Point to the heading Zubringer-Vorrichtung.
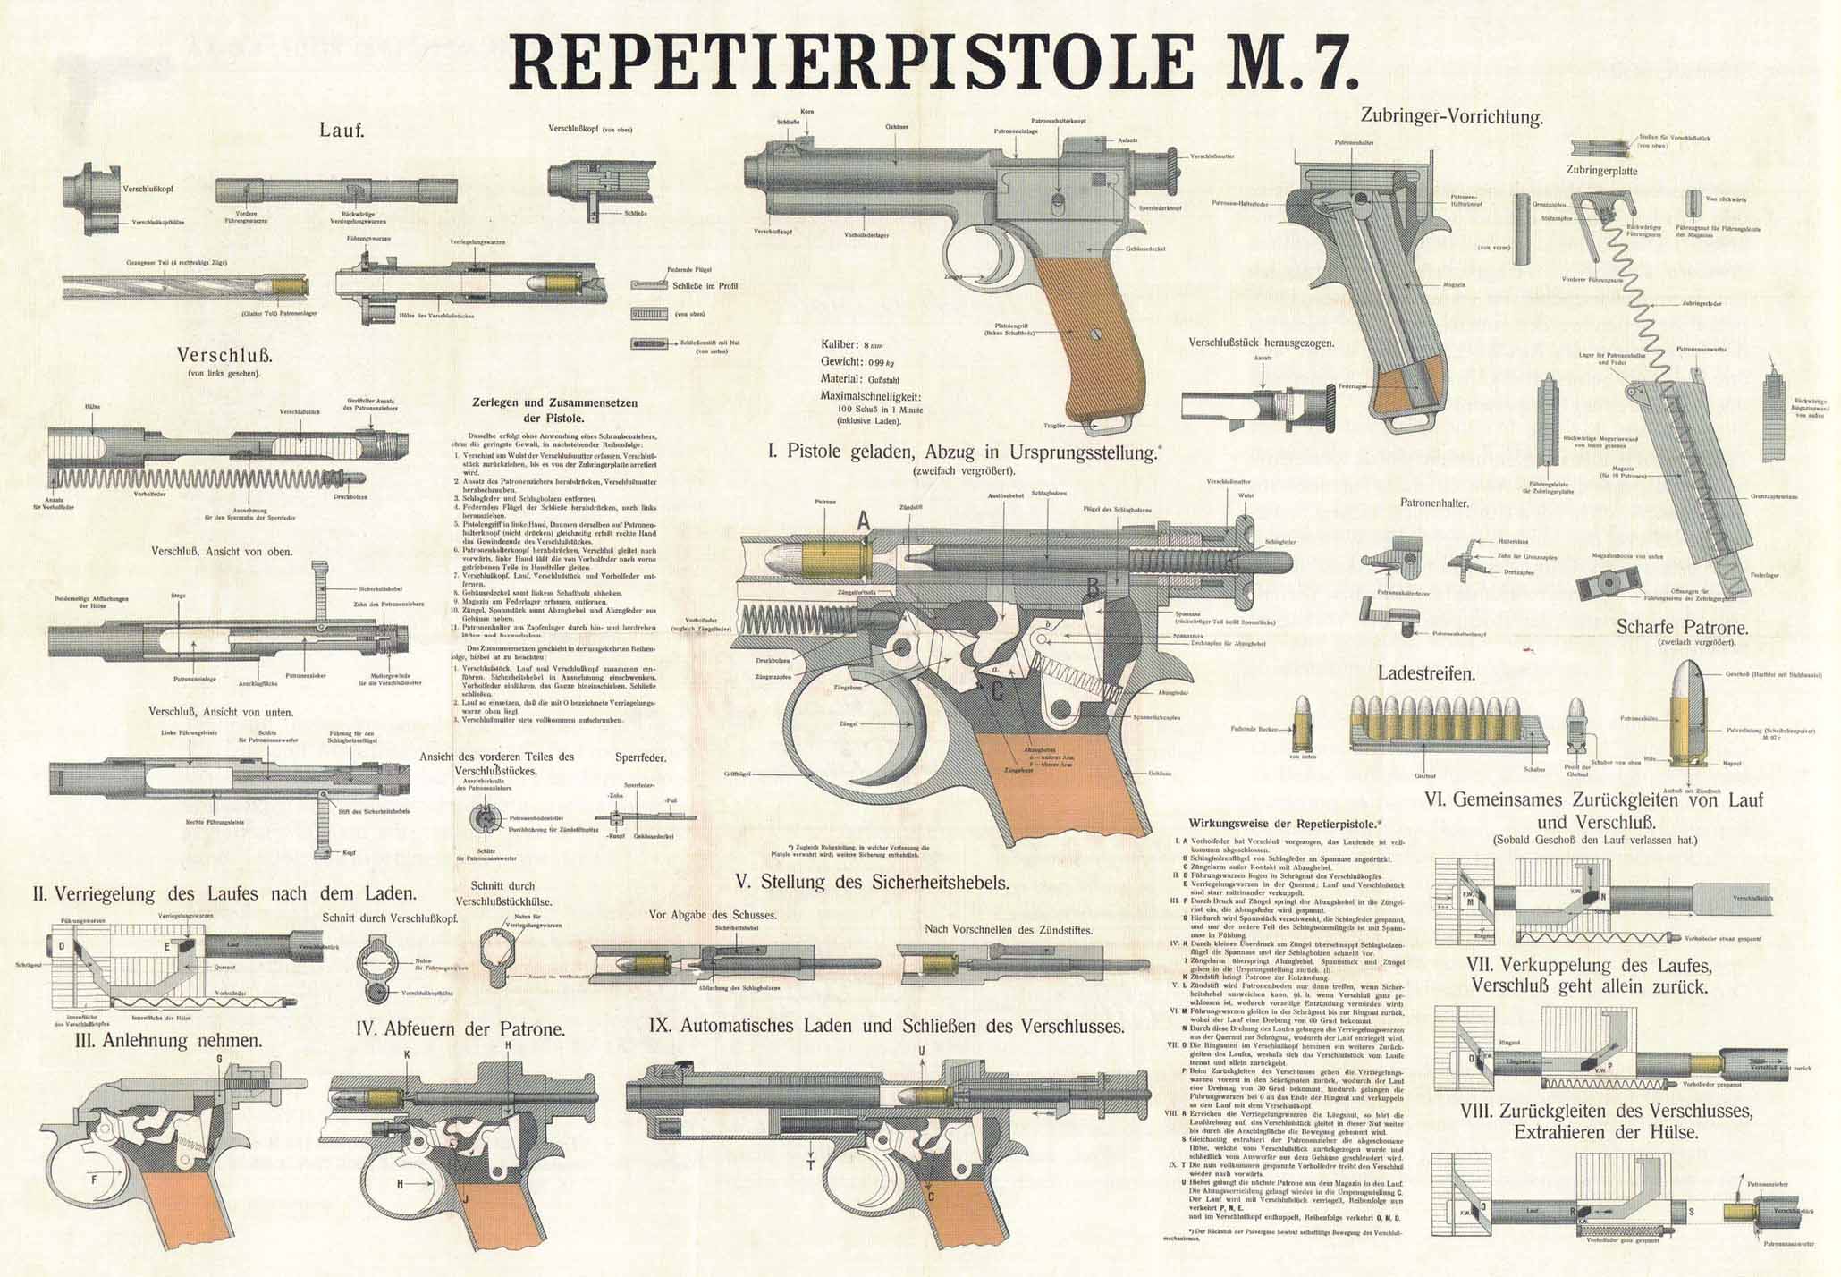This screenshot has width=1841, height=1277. pyautogui.click(x=1451, y=116)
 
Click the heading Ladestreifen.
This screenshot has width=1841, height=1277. pyautogui.click(x=1426, y=672)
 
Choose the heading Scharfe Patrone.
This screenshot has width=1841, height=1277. pyautogui.click(x=1682, y=627)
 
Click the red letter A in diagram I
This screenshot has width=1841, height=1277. pyautogui.click(x=863, y=520)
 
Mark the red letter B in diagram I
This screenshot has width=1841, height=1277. pyautogui.click(x=1093, y=587)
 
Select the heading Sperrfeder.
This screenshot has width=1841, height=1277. pyautogui.click(x=641, y=757)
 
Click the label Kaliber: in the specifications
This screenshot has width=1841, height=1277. pyautogui.click(x=840, y=344)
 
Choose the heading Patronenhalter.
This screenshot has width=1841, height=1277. pyautogui.click(x=1434, y=503)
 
